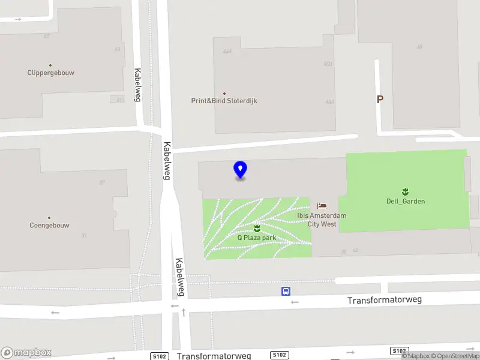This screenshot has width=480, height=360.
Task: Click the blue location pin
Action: pos(241,170)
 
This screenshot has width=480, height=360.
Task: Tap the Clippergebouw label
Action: pos(51,73)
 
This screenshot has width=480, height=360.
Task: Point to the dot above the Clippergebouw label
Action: pos(50,65)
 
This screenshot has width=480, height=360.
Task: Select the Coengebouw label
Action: pos(49,226)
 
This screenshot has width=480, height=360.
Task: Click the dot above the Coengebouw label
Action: pos(49,218)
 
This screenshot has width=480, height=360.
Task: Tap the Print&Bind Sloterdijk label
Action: pos(224,101)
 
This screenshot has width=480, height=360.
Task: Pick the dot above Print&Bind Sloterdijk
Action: pos(224,93)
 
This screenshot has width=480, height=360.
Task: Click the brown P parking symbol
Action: pos(380,100)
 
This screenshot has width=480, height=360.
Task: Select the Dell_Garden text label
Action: pos(406,202)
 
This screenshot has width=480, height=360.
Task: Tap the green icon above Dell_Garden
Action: pos(406,192)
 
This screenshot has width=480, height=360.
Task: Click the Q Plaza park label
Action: pos(256,237)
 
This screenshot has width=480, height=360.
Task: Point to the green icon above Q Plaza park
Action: pos(257,228)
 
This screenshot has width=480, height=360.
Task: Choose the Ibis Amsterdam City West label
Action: pos(322,220)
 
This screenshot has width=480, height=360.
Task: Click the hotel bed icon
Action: pos(322,206)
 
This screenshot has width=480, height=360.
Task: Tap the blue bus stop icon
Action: pos(286,292)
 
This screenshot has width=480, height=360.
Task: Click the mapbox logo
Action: pos(26,353)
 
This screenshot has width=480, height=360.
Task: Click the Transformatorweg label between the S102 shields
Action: pos(214,356)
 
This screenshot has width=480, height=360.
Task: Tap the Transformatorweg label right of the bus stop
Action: pos(385,299)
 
